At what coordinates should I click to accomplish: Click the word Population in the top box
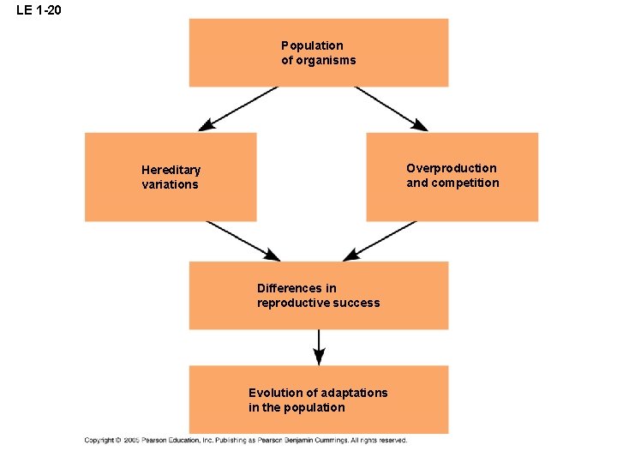312,45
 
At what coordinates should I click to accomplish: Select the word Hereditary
171,170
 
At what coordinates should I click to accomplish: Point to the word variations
170,184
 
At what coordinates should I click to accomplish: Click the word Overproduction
451,168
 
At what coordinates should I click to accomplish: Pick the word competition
465,183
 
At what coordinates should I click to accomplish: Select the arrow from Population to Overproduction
392,109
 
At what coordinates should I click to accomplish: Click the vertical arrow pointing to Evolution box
319,347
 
